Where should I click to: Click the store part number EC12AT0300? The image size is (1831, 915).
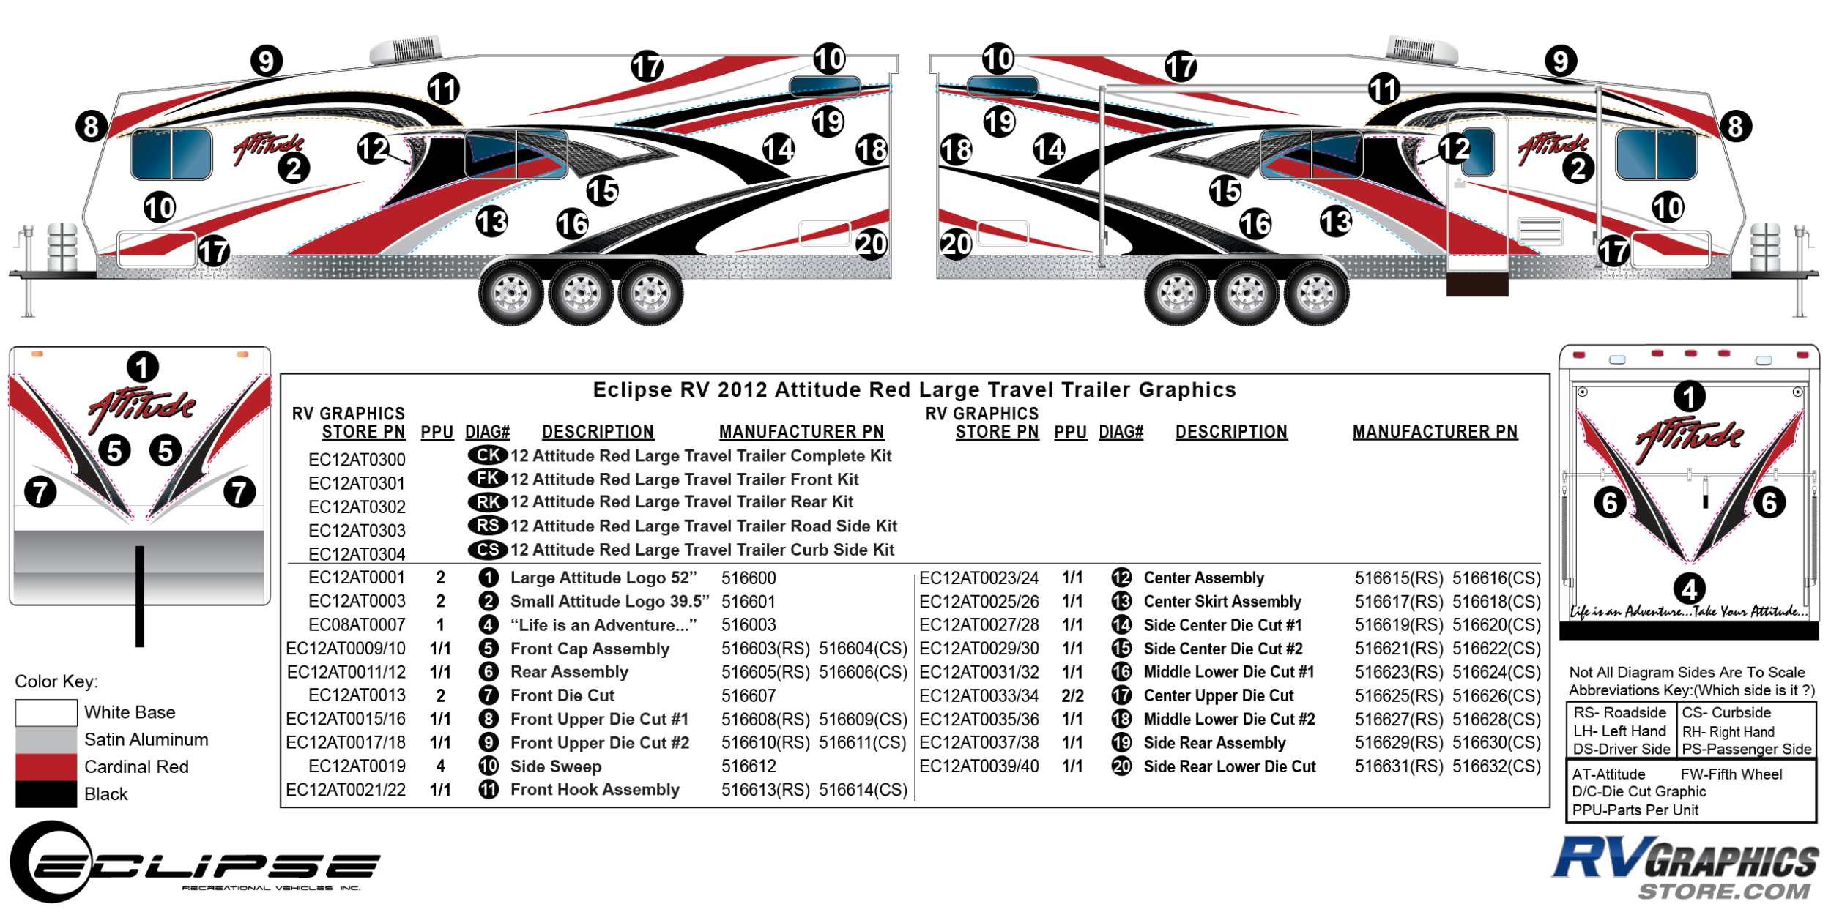pos(357,460)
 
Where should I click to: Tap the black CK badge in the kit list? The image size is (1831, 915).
pos(488,455)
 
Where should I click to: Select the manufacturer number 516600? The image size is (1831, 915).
pos(748,578)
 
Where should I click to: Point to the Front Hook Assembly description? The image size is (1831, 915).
pos(595,790)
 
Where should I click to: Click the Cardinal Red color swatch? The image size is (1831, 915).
pos(46,766)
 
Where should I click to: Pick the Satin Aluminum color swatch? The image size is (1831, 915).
pos(46,739)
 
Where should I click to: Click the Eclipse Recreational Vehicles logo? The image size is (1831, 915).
pos(194,863)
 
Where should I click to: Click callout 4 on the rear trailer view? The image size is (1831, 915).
pos(1690,589)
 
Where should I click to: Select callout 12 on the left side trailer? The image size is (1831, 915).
pos(373,149)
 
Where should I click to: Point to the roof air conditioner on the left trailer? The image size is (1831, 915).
pos(406,50)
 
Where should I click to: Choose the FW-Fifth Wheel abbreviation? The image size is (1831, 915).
pos(1731,774)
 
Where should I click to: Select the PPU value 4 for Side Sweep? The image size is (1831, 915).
pos(440,766)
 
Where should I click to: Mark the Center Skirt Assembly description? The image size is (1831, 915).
pos(1222,602)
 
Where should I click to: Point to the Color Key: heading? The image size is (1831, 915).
pos(56,681)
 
